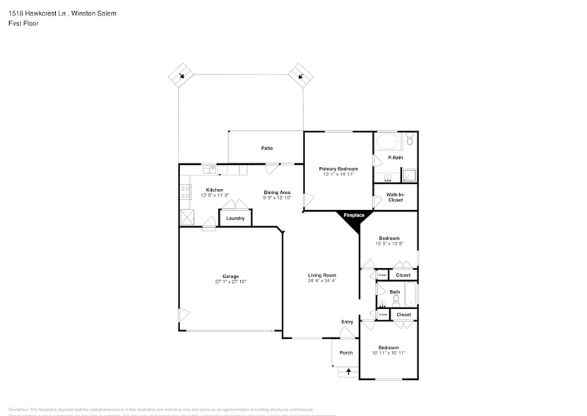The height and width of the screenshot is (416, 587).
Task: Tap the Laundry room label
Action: [x=235, y=218]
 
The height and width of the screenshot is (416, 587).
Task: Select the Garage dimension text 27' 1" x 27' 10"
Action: [x=230, y=282]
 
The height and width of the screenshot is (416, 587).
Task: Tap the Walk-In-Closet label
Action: [x=395, y=197]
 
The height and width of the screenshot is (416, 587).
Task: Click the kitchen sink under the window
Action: [x=209, y=169]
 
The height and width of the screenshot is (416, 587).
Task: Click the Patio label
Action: [x=267, y=148]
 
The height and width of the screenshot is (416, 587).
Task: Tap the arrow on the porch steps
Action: [x=348, y=371]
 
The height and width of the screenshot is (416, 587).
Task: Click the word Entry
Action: [x=347, y=322]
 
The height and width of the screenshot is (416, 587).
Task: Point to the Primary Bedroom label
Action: [x=338, y=168]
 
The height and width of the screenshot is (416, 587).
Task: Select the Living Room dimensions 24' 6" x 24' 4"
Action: [x=321, y=281]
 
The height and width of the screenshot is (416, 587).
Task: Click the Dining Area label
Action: [x=277, y=192]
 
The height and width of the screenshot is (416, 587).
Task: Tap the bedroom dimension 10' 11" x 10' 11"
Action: [x=389, y=353]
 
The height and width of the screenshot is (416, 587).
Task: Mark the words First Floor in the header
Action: [x=23, y=23]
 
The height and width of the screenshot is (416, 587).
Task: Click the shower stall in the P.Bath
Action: [x=408, y=175]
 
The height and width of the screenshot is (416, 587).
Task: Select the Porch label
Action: [x=346, y=352]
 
